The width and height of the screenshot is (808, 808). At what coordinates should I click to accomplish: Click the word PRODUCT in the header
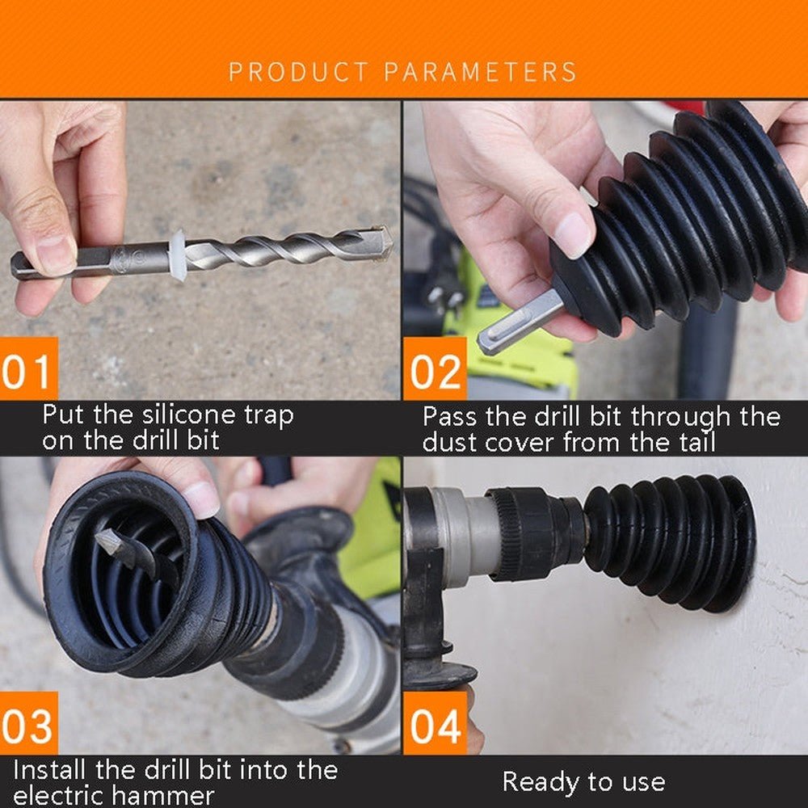coord(298,72)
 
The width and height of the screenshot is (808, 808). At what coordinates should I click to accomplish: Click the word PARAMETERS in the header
coord(480,72)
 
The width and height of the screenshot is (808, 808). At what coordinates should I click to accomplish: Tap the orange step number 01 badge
coord(28,369)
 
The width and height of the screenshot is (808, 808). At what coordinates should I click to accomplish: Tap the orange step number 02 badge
coord(436,369)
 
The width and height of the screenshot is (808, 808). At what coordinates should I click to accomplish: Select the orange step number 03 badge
coord(28,723)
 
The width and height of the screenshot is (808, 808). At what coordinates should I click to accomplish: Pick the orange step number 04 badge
coord(436,723)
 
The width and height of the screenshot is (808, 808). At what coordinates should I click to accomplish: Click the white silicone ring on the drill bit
coord(178,255)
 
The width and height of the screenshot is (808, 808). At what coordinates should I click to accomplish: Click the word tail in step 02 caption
coord(697,443)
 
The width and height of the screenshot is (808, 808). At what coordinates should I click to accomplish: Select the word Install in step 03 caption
coord(50,770)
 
